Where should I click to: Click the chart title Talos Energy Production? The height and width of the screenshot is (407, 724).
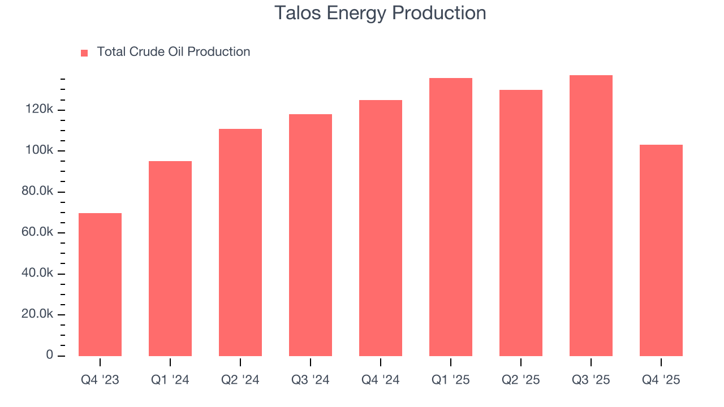tap(380, 13)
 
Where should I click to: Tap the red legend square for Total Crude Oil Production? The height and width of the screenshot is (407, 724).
tap(84, 53)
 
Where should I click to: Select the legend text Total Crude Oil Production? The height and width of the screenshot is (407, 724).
tap(173, 52)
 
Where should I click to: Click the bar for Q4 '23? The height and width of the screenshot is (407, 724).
tap(100, 284)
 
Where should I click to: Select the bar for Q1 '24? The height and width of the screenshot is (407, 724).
tap(170, 258)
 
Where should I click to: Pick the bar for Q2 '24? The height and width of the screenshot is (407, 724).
tap(240, 243)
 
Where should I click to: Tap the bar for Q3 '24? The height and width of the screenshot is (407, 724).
tap(311, 235)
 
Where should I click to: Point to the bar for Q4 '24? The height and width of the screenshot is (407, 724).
tap(381, 228)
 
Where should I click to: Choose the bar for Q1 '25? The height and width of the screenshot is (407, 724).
tap(451, 217)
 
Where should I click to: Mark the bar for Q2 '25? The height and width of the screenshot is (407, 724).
tap(521, 223)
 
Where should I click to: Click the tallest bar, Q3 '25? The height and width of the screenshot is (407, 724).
tap(591, 215)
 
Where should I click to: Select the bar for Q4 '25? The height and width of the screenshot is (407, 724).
tap(661, 250)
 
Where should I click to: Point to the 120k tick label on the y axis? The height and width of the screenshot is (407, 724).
tap(39, 110)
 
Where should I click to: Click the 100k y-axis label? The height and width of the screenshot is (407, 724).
tap(39, 151)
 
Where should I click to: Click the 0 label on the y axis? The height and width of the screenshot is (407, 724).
tap(50, 356)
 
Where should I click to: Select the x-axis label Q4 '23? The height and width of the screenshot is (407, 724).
tap(100, 380)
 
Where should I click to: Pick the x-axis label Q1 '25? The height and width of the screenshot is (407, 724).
tap(451, 380)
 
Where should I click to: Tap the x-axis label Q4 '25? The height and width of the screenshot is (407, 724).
tap(661, 380)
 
